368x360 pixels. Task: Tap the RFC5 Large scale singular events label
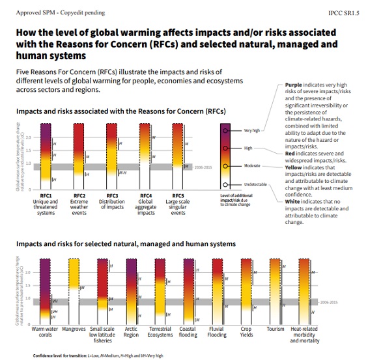[x=178, y=202]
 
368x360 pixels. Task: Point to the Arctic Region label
[x=131, y=332]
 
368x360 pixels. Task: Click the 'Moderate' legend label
[x=251, y=166]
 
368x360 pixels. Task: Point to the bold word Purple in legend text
[x=293, y=85]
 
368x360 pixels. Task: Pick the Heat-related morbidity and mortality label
[x=305, y=335]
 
